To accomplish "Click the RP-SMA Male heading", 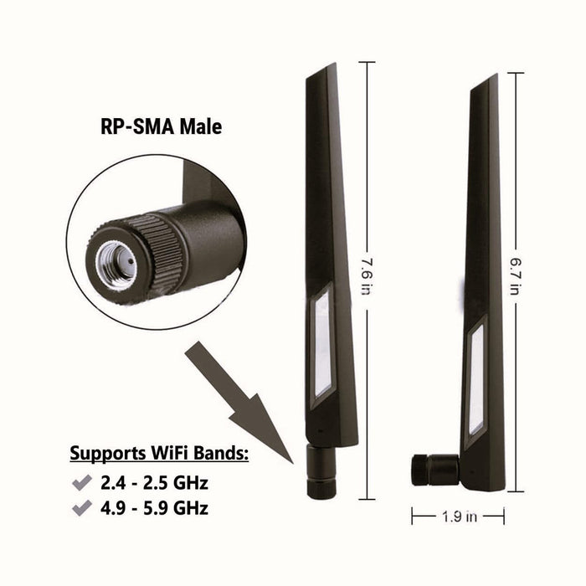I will point(156,127).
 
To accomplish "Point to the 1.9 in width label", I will point(458,517).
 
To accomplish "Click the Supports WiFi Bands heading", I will point(158,455).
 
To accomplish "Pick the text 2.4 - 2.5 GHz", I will point(153,483).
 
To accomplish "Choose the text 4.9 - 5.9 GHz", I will point(153,507).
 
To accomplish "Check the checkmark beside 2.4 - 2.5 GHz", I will point(82,483).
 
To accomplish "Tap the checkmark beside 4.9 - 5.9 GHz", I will point(82,507).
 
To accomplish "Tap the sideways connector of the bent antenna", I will point(433,469).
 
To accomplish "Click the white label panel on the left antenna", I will point(322,343).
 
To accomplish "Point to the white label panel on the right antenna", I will point(476,377).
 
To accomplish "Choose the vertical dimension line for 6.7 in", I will point(516,167).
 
